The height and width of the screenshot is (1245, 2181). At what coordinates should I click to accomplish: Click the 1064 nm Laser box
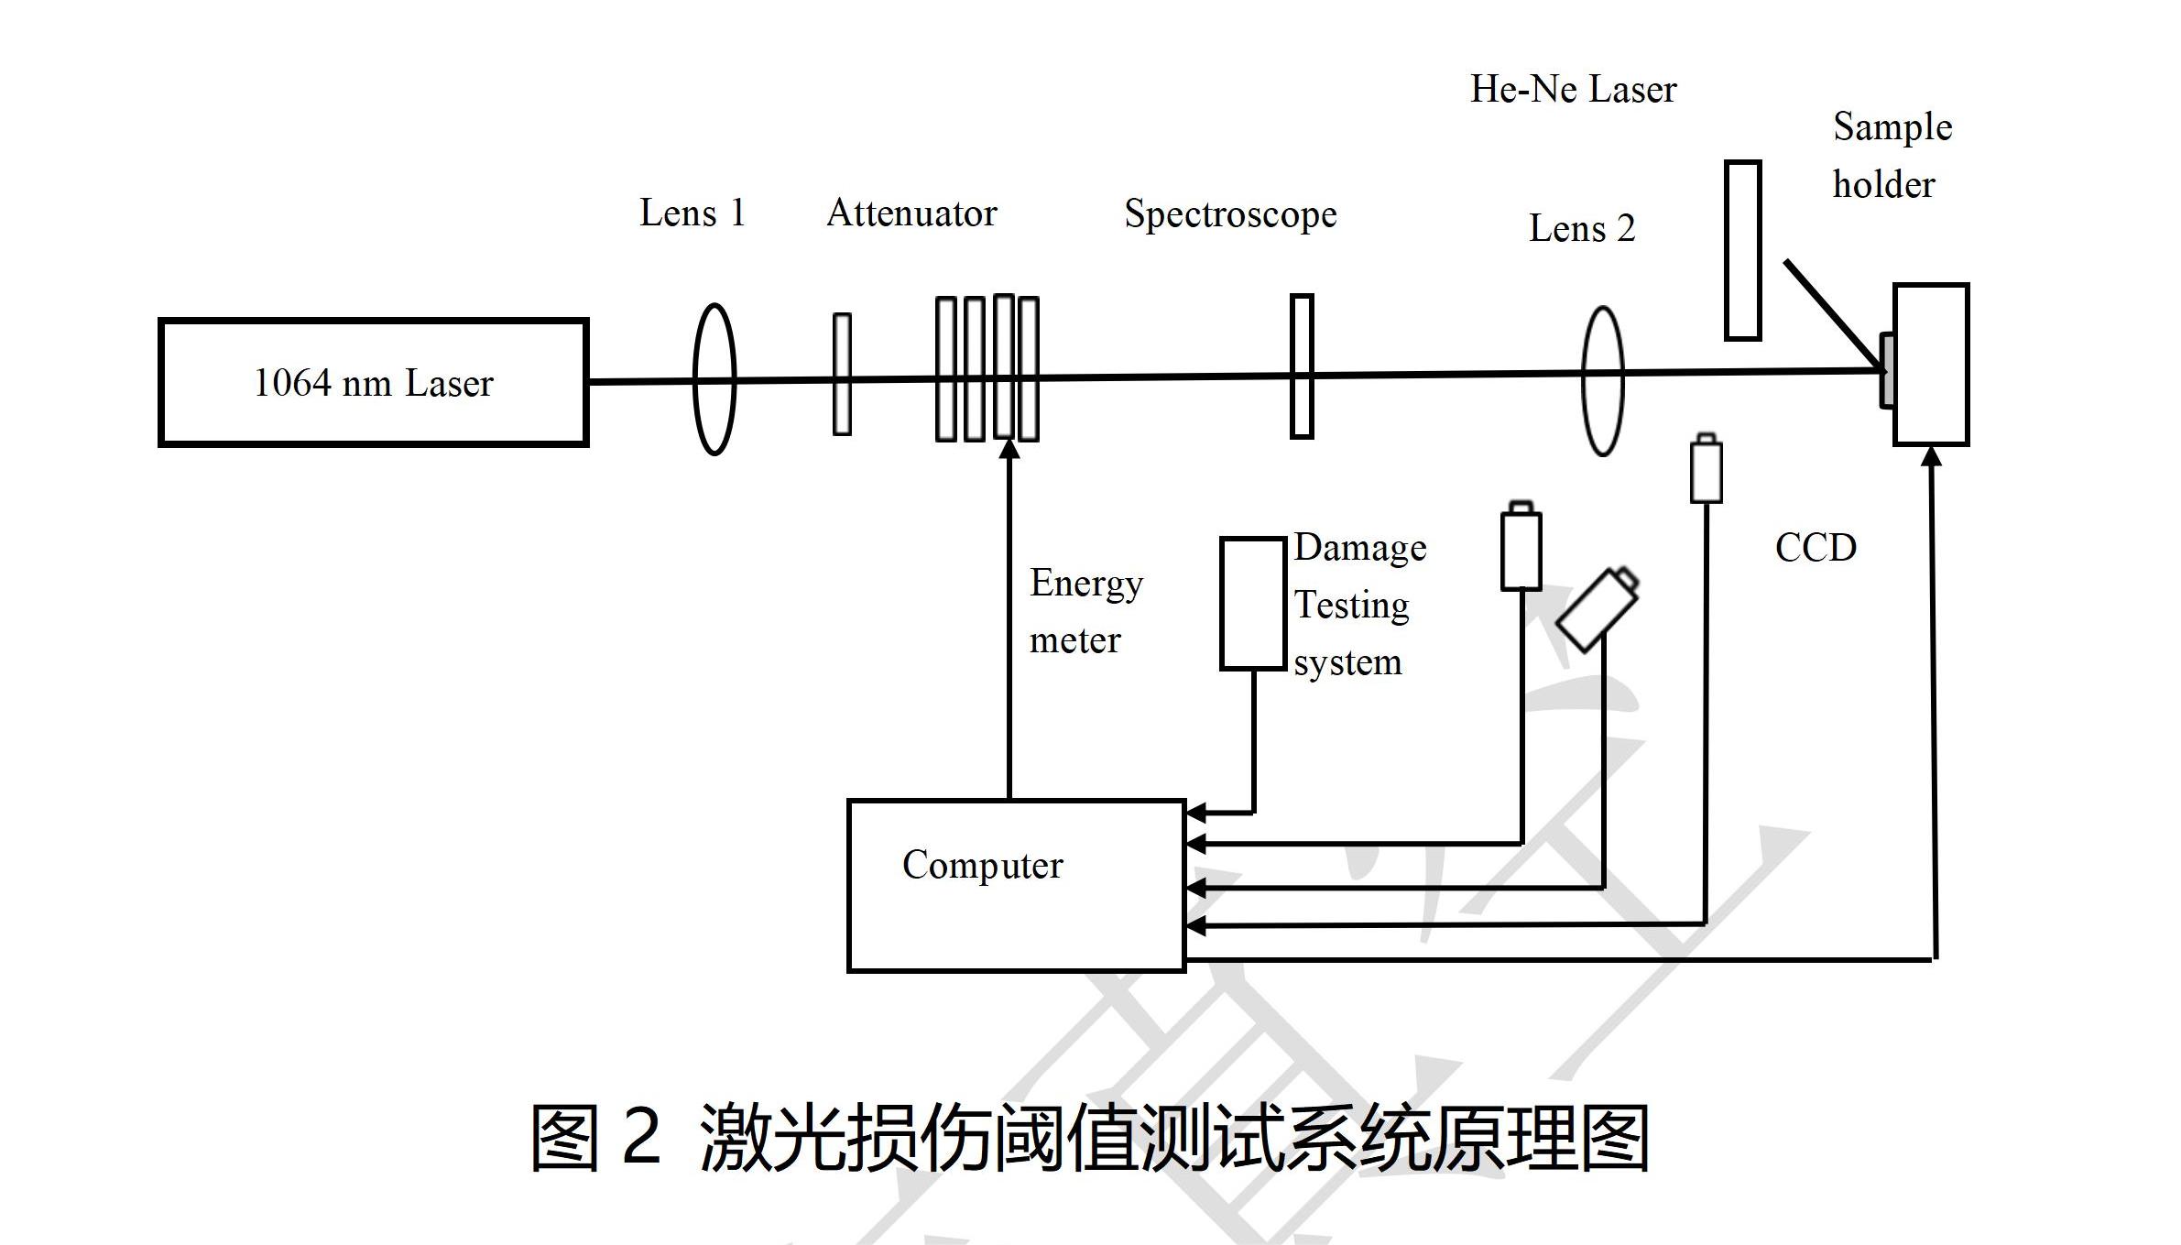click(373, 383)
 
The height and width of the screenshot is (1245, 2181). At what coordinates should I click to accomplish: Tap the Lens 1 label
click(692, 213)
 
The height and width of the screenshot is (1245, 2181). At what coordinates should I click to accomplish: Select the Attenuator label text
click(911, 213)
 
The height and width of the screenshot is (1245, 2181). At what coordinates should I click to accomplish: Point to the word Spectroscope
click(1230, 214)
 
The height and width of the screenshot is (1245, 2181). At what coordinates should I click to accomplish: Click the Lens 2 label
click(1582, 228)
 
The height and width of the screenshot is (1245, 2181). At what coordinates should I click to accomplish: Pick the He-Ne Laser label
click(1573, 89)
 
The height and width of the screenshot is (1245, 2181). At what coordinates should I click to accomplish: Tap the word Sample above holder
click(1892, 127)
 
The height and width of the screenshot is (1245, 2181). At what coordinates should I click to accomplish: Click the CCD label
click(1816, 548)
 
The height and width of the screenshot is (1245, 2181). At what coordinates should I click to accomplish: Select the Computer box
click(1016, 885)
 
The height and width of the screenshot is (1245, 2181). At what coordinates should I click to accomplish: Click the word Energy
click(1086, 584)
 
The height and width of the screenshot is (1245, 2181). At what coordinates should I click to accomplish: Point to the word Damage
click(1360, 548)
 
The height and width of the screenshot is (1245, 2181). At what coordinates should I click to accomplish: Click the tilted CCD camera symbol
click(1598, 609)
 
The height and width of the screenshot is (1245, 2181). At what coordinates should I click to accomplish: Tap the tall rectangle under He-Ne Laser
click(1742, 250)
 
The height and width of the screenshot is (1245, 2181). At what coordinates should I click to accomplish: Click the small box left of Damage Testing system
click(1252, 604)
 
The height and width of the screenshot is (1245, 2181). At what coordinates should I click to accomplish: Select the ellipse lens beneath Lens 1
click(714, 379)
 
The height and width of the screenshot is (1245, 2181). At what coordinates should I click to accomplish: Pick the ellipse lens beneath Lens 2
click(1603, 381)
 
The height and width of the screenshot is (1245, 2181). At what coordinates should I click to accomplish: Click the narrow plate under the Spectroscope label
click(1302, 366)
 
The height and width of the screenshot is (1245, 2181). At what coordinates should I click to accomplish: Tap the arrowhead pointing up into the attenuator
click(1009, 449)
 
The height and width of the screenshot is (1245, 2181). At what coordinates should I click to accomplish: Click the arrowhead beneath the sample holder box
click(1931, 456)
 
